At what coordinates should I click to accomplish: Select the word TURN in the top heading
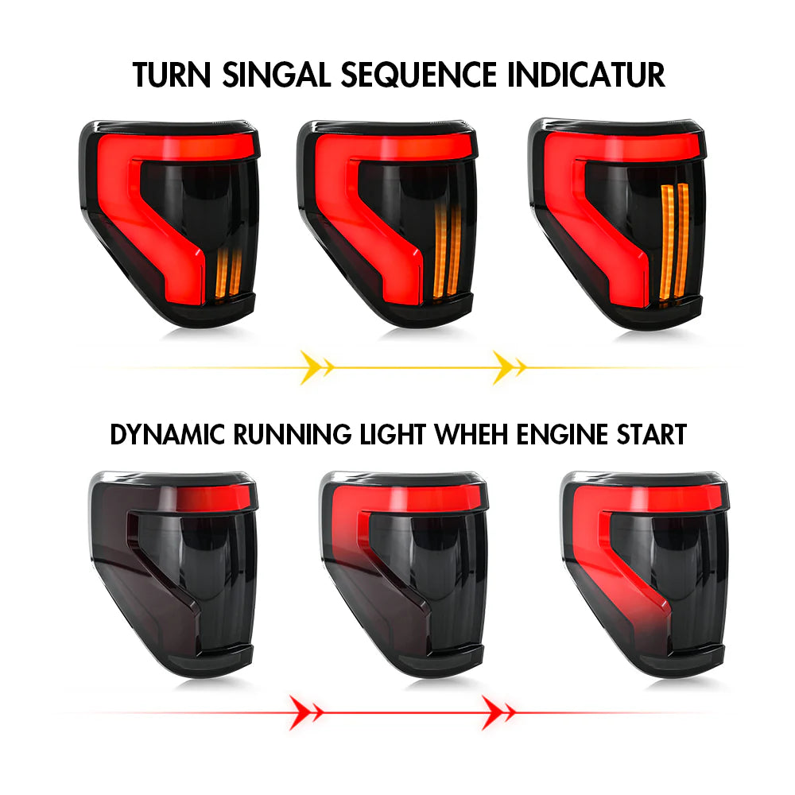[173, 74]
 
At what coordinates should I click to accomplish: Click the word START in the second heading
[650, 435]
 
